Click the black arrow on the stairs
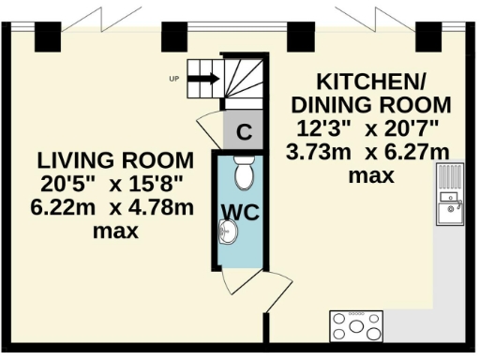203,79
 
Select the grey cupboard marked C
244,132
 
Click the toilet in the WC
244,172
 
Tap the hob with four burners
356,326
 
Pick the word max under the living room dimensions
116,230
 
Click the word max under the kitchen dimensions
370,175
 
